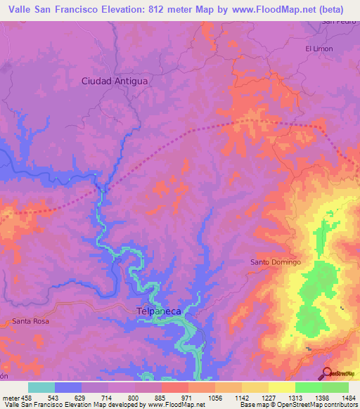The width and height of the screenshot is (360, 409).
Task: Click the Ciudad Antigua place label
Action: (115, 81)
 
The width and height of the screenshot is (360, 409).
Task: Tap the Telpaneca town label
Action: (159, 309)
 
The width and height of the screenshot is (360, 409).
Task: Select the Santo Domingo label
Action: (276, 262)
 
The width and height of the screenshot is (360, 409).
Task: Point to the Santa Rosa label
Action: (30, 321)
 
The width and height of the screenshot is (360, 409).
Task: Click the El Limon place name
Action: (319, 48)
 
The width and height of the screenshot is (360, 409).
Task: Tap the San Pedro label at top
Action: (336, 22)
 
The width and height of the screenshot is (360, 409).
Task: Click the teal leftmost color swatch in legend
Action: (41, 387)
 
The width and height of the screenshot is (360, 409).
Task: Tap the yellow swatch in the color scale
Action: (281, 387)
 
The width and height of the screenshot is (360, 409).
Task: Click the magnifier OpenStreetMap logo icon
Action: (327, 373)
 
